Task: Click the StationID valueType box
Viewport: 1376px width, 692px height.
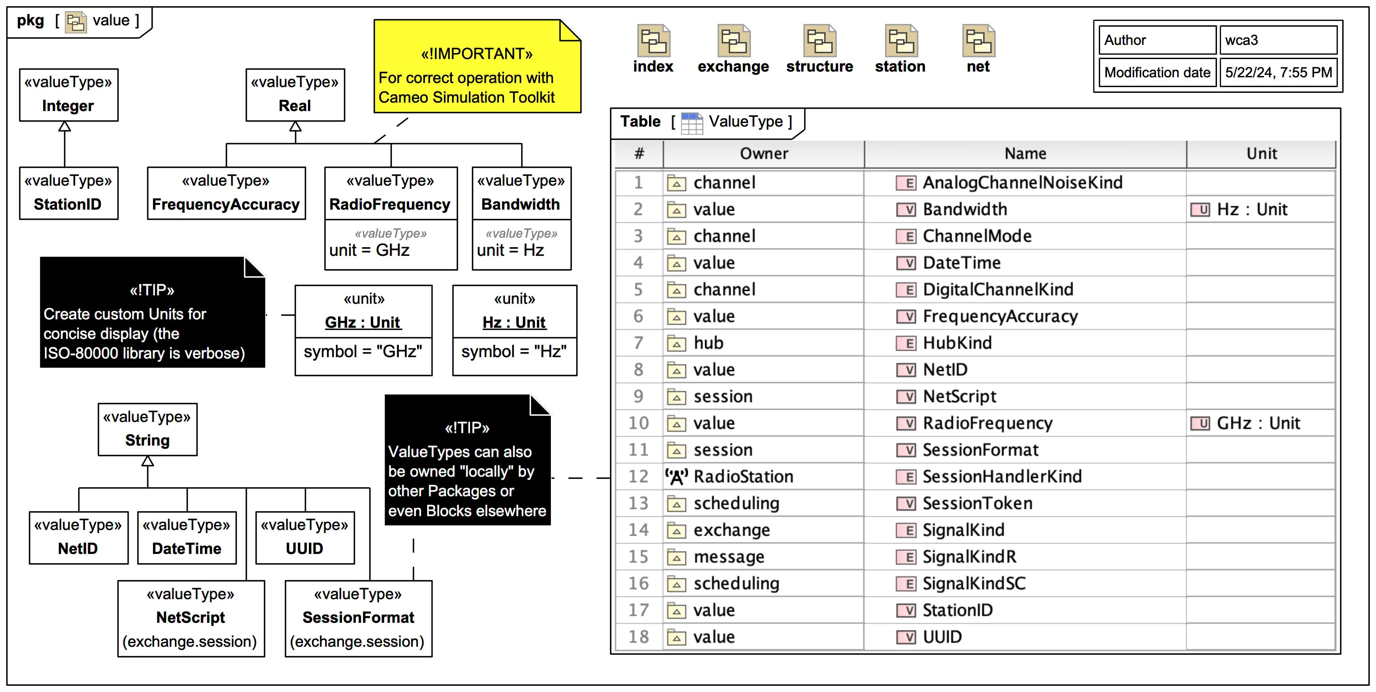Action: coord(68,193)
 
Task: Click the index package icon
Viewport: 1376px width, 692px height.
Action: coord(653,42)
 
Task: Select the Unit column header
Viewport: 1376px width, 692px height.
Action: coord(1261,154)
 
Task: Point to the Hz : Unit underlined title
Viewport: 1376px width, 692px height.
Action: coord(514,322)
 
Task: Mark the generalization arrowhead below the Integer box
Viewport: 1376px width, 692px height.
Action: coord(64,127)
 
